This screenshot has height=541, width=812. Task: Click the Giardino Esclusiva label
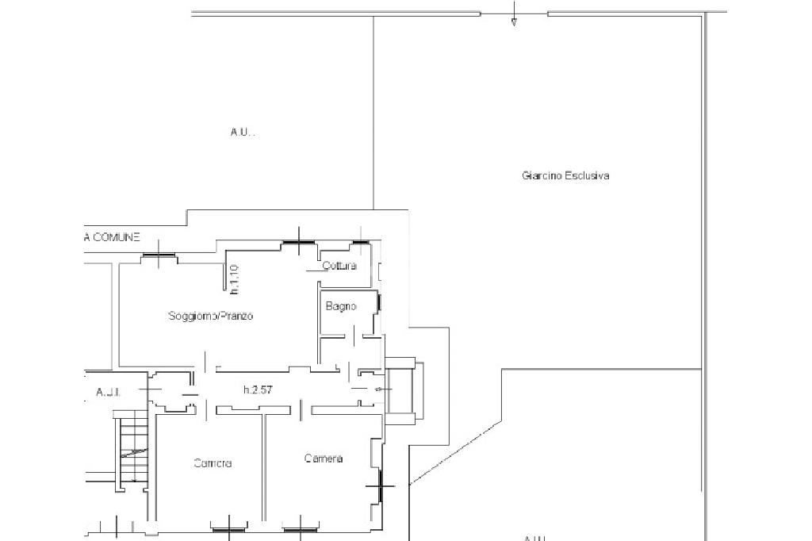(565, 176)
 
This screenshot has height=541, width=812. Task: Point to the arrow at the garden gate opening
(514, 20)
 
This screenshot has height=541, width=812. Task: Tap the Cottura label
(339, 266)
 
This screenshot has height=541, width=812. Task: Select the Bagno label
(341, 306)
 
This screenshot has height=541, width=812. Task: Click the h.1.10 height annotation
(236, 278)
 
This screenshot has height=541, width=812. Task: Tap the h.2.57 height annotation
(259, 389)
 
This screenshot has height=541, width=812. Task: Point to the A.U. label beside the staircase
(106, 392)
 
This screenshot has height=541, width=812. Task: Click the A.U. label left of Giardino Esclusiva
(243, 132)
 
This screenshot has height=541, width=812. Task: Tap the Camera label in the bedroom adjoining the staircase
(213, 464)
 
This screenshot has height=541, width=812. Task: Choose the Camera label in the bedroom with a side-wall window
(324, 459)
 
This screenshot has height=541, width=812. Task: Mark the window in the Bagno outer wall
(380, 302)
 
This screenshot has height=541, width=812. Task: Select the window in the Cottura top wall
(361, 242)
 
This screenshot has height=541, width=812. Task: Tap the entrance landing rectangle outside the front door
(401, 388)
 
